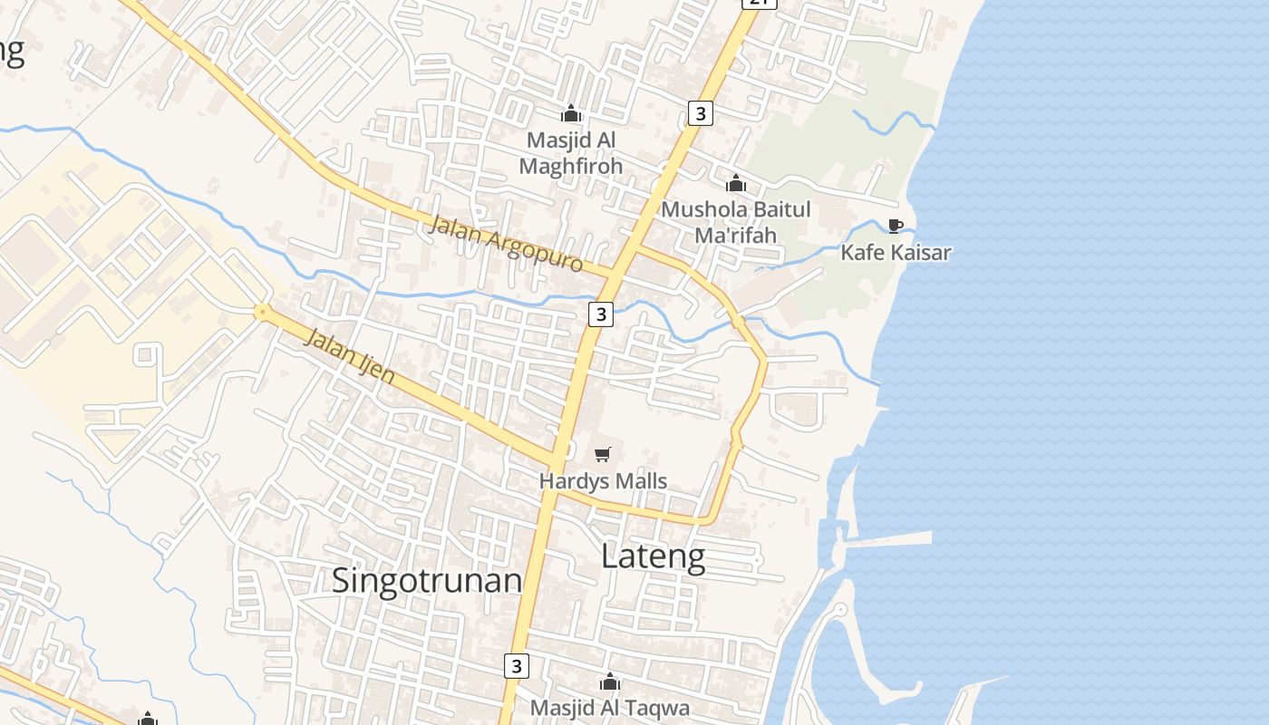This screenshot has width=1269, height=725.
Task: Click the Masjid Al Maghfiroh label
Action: tap(570, 153)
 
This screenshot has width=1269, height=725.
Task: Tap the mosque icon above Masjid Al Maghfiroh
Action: tap(571, 113)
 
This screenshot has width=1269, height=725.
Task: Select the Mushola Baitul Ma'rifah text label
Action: tap(735, 222)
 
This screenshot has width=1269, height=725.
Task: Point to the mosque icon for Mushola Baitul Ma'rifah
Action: tap(736, 184)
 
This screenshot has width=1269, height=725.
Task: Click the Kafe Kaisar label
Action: tap(896, 252)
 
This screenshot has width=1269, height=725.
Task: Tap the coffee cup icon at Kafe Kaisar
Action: tap(896, 226)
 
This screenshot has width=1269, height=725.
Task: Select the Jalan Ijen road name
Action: tap(350, 355)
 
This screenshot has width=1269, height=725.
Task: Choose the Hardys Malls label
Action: tap(603, 480)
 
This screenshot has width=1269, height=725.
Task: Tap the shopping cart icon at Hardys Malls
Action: tap(603, 455)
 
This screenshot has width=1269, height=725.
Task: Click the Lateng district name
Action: tap(653, 556)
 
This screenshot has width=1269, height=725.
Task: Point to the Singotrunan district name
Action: tap(427, 580)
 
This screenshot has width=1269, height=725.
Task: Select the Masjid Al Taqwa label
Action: tap(610, 708)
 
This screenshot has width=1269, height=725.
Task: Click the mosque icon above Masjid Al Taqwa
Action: tap(610, 681)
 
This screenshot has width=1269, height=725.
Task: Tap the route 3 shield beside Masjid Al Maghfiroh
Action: tap(700, 113)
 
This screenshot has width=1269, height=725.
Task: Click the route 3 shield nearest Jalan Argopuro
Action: tap(600, 314)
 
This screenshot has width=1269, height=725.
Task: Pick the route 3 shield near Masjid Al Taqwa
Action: tap(516, 666)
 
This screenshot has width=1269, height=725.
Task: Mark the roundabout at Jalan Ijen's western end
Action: tap(262, 313)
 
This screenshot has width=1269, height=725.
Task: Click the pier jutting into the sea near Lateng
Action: tap(888, 538)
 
